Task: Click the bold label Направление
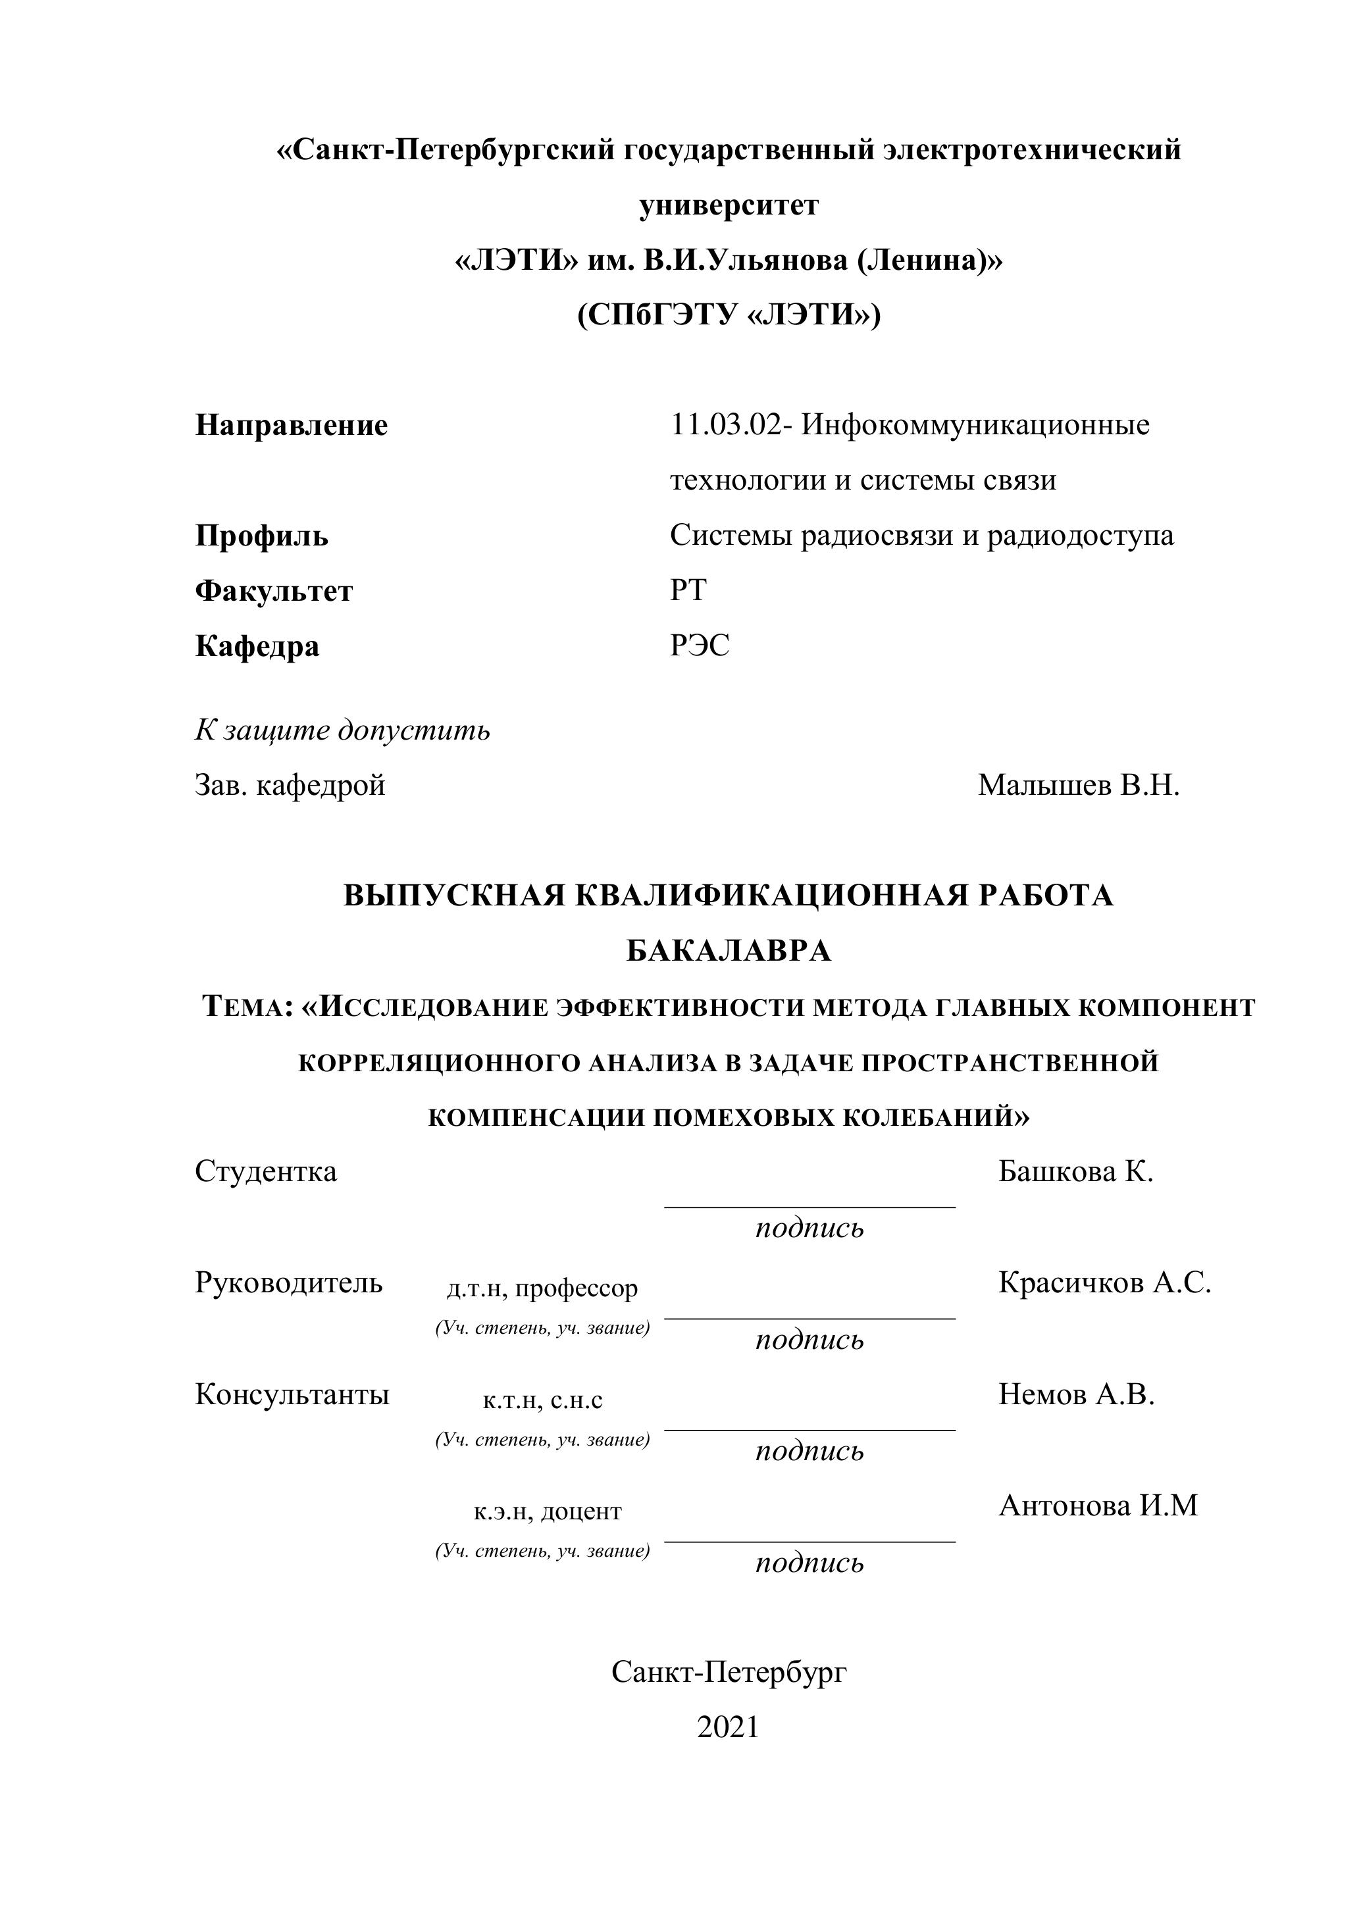(x=292, y=426)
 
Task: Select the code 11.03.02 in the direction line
(x=724, y=426)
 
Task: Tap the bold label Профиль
(x=261, y=536)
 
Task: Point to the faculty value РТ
(x=688, y=591)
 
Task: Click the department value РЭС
(x=700, y=646)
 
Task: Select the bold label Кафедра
(x=257, y=647)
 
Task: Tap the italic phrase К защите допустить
(x=342, y=731)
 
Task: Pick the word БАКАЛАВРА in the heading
(x=729, y=951)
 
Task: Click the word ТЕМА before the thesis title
(x=245, y=1007)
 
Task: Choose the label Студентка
(x=266, y=1171)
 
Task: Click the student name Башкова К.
(x=1075, y=1171)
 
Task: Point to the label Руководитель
(x=288, y=1283)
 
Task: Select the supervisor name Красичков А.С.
(x=1104, y=1283)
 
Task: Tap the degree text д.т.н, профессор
(x=542, y=1288)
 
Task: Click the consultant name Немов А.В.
(x=1076, y=1394)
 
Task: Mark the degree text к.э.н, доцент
(x=548, y=1511)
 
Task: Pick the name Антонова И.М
(x=1098, y=1506)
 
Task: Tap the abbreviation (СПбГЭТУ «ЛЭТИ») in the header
(x=729, y=316)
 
